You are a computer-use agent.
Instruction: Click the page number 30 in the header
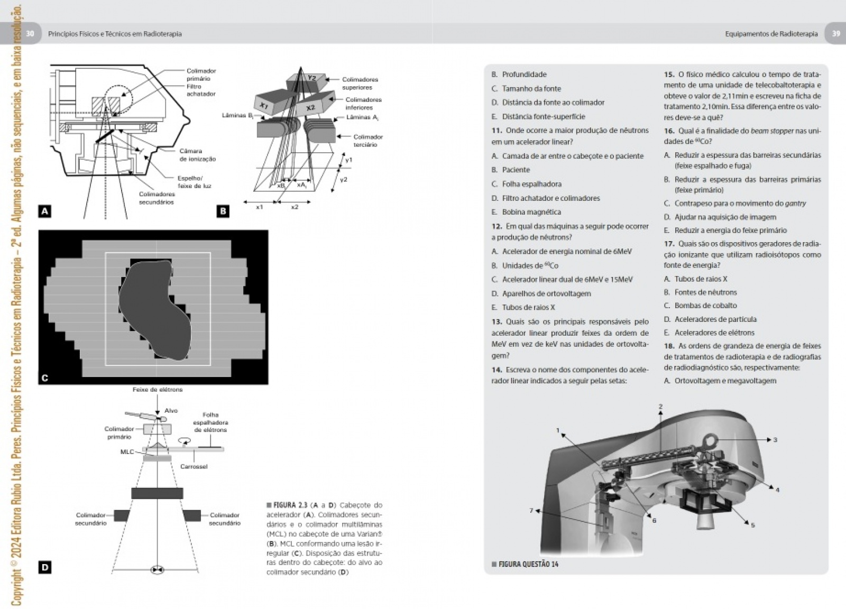pos(30,34)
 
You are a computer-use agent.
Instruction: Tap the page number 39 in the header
pos(836,34)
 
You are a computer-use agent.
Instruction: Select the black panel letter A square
pos(45,211)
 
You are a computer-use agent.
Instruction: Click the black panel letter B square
pos(223,211)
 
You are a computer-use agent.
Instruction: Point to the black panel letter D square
pos(45,568)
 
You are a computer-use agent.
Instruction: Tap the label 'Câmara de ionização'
pos(197,155)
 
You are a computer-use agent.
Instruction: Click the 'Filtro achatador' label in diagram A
pos(200,90)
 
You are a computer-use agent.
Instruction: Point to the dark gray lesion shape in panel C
pos(153,307)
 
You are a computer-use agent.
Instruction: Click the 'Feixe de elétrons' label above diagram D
pos(158,390)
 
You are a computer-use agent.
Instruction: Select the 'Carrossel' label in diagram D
pos(194,467)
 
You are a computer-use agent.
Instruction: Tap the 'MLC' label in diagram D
pos(127,452)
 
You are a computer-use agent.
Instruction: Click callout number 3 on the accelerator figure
pos(775,440)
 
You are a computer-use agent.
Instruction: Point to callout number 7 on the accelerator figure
pos(531,511)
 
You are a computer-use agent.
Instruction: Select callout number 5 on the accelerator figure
pos(753,525)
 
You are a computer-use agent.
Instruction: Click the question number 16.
pos(669,131)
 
